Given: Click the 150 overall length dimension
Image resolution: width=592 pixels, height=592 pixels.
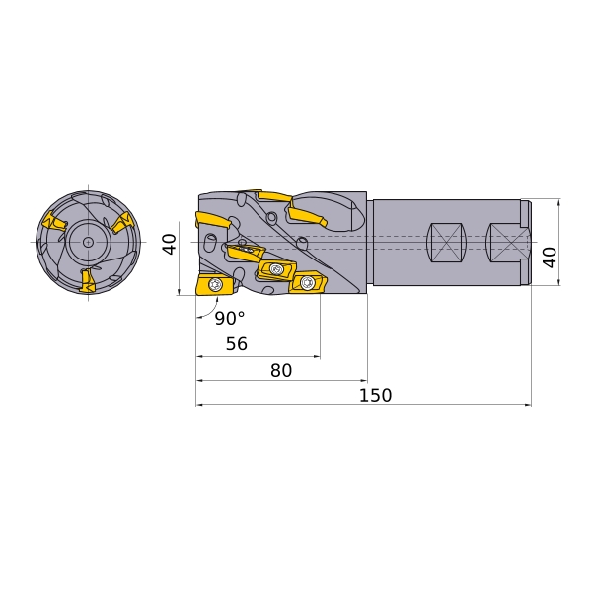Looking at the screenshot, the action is pos(375,396).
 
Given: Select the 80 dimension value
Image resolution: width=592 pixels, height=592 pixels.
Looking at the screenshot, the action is pos(281,371).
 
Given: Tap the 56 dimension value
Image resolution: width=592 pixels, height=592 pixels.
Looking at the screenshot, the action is pos(237,344).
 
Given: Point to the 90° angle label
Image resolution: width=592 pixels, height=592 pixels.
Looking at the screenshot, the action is pos(230,318).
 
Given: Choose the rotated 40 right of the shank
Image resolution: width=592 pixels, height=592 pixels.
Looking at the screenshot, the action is pos(551,258).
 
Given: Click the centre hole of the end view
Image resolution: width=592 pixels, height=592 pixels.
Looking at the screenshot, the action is pos(89,242).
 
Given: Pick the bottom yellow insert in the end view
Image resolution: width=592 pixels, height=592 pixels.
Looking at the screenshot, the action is pos(87,280).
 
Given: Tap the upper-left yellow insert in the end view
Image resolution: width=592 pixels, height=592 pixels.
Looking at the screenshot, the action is pos(55,222).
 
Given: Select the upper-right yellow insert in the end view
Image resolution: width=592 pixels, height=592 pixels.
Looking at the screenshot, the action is pos(122,223).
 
